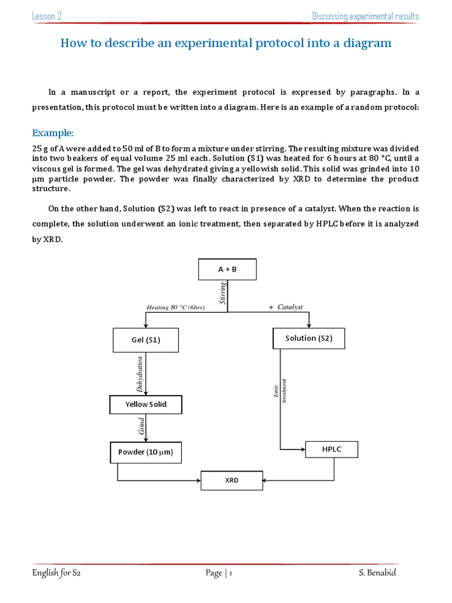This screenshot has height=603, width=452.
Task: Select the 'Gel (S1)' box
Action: click(145, 340)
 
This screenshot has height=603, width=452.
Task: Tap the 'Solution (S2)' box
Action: click(309, 338)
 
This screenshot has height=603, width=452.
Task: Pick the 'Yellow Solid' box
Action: click(146, 405)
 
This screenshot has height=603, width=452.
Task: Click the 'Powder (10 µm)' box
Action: click(146, 452)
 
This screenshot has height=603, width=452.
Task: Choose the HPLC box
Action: click(331, 449)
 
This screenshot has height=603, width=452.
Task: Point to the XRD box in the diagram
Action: click(232, 481)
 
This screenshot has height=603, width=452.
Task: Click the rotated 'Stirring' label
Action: click(222, 293)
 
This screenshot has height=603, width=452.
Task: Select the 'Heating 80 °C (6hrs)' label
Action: click(175, 307)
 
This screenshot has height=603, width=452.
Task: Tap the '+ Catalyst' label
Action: click(285, 307)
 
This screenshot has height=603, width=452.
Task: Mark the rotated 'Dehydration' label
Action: click(140, 374)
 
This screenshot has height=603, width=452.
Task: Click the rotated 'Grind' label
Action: click(141, 427)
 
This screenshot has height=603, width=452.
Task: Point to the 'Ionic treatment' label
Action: click(279, 390)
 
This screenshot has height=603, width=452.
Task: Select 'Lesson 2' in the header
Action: click(47, 16)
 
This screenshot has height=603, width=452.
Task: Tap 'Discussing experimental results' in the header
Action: click(365, 16)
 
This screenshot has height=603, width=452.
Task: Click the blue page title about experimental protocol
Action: click(226, 43)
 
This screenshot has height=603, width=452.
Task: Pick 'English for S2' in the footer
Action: click(56, 573)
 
